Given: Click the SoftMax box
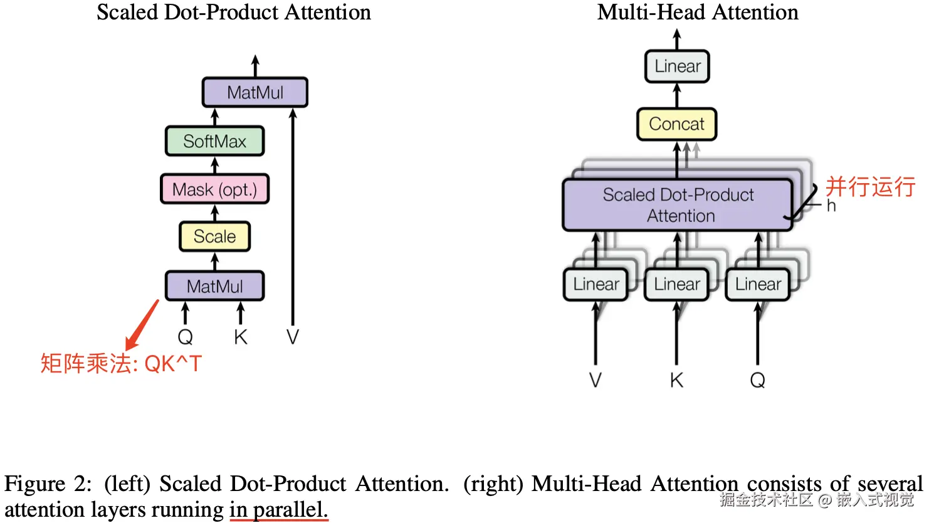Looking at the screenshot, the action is click(x=215, y=141).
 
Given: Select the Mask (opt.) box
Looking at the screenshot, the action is click(x=215, y=189).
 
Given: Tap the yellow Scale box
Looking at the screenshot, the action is click(x=215, y=236).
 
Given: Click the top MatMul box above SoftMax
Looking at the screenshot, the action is click(x=255, y=92).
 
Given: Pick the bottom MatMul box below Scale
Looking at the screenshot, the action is click(x=215, y=286).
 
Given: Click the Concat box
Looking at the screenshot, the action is click(x=677, y=124).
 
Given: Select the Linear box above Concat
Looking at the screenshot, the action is click(x=677, y=66).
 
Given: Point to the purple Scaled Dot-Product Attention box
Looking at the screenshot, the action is click(x=678, y=205).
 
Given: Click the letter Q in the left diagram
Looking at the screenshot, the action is click(x=186, y=337).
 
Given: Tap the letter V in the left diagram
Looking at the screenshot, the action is click(x=293, y=337).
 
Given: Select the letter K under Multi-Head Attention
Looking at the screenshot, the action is click(x=677, y=380).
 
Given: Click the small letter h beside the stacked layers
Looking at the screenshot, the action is click(x=831, y=206).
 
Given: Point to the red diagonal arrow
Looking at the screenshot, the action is click(x=142, y=325).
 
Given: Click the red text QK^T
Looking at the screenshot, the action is click(x=173, y=364).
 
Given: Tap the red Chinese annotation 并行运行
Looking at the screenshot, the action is click(x=870, y=187).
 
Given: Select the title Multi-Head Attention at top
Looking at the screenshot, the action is click(x=698, y=12).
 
